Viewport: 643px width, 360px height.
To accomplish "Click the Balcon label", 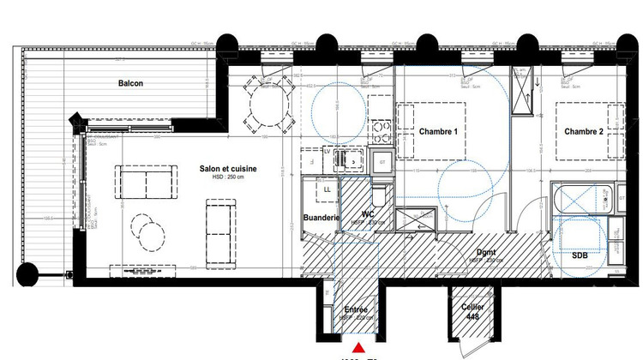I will coord(130,83).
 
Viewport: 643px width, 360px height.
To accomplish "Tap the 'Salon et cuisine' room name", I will coord(228,169).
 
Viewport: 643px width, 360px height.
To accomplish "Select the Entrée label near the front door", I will coord(356,309).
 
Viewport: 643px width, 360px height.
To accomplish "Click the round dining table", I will coord(266,108).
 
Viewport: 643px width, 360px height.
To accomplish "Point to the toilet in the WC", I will coord(382,194).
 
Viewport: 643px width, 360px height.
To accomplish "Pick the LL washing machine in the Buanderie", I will coord(328,189).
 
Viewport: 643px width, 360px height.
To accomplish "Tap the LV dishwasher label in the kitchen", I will coord(327,152).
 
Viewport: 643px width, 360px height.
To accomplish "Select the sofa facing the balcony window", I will coord(144,181).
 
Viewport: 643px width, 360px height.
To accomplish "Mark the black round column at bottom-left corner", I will coord(27,274).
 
